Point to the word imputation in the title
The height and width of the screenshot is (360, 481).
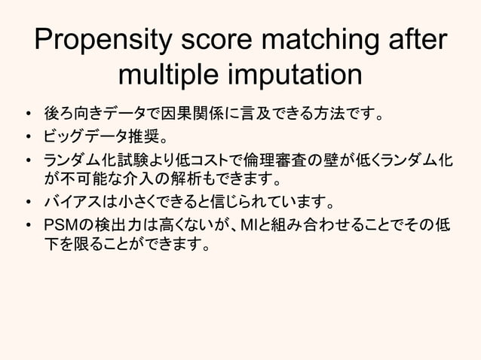(x=297, y=75)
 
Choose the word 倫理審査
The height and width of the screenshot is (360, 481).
(x=276, y=161)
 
